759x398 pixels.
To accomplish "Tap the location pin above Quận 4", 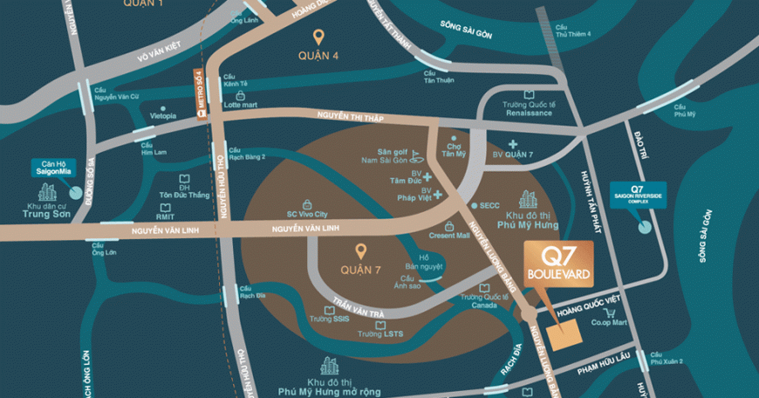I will (x=319, y=38).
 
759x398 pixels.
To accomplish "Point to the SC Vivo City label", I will (x=307, y=212).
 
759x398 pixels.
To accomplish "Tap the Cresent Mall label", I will (x=450, y=237).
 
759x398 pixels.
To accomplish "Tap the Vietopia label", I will (x=162, y=115).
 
